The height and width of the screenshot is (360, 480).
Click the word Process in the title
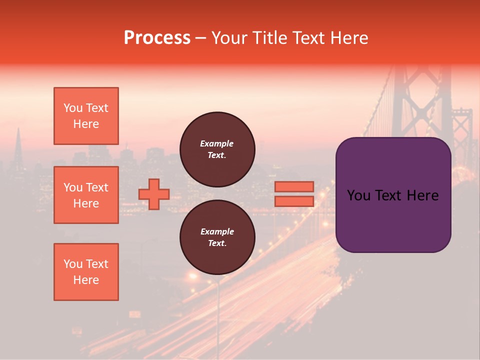[x=157, y=38]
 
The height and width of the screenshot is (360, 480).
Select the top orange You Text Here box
[x=86, y=116]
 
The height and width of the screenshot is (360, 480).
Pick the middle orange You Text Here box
[x=86, y=195]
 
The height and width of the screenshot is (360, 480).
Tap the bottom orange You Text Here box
[x=86, y=272]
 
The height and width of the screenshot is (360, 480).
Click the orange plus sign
[x=153, y=194]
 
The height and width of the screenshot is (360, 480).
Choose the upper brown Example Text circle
[x=217, y=149]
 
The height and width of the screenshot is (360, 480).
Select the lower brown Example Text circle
[x=217, y=237]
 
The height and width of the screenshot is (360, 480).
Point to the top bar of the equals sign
[x=294, y=186]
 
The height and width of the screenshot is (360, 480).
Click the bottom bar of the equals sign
[x=294, y=201]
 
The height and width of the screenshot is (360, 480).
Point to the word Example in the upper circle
[x=217, y=143]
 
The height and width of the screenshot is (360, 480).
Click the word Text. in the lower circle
[x=217, y=243]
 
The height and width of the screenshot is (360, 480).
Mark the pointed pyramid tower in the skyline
[x=18, y=145]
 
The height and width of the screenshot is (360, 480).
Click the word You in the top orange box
[x=73, y=108]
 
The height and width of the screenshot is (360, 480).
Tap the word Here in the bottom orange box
[x=86, y=280]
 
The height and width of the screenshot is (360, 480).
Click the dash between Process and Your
[x=200, y=38]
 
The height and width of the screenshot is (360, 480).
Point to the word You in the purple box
[x=358, y=195]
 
